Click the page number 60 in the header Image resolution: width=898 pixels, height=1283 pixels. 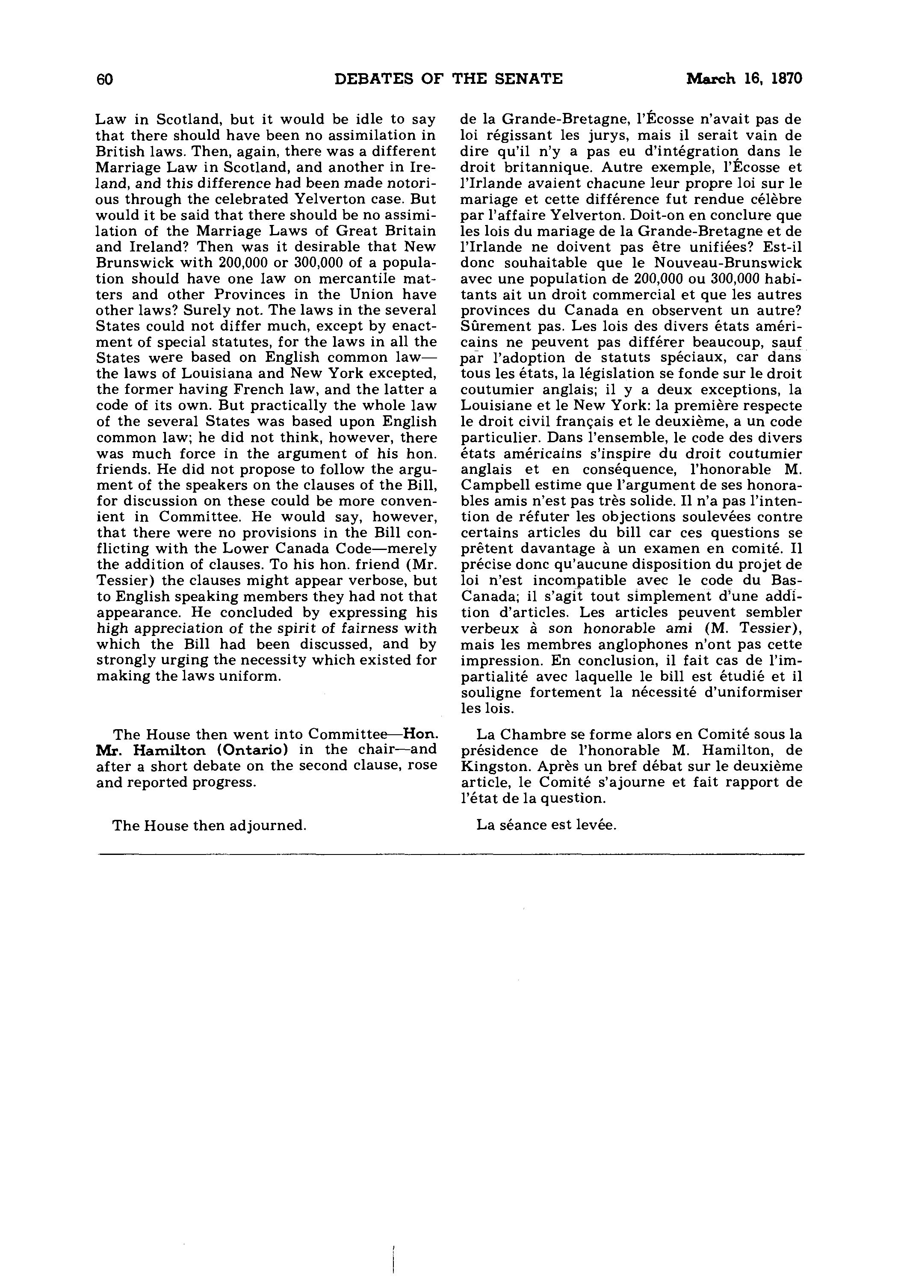pos(104,80)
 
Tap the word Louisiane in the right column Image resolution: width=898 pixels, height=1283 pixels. pos(495,406)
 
